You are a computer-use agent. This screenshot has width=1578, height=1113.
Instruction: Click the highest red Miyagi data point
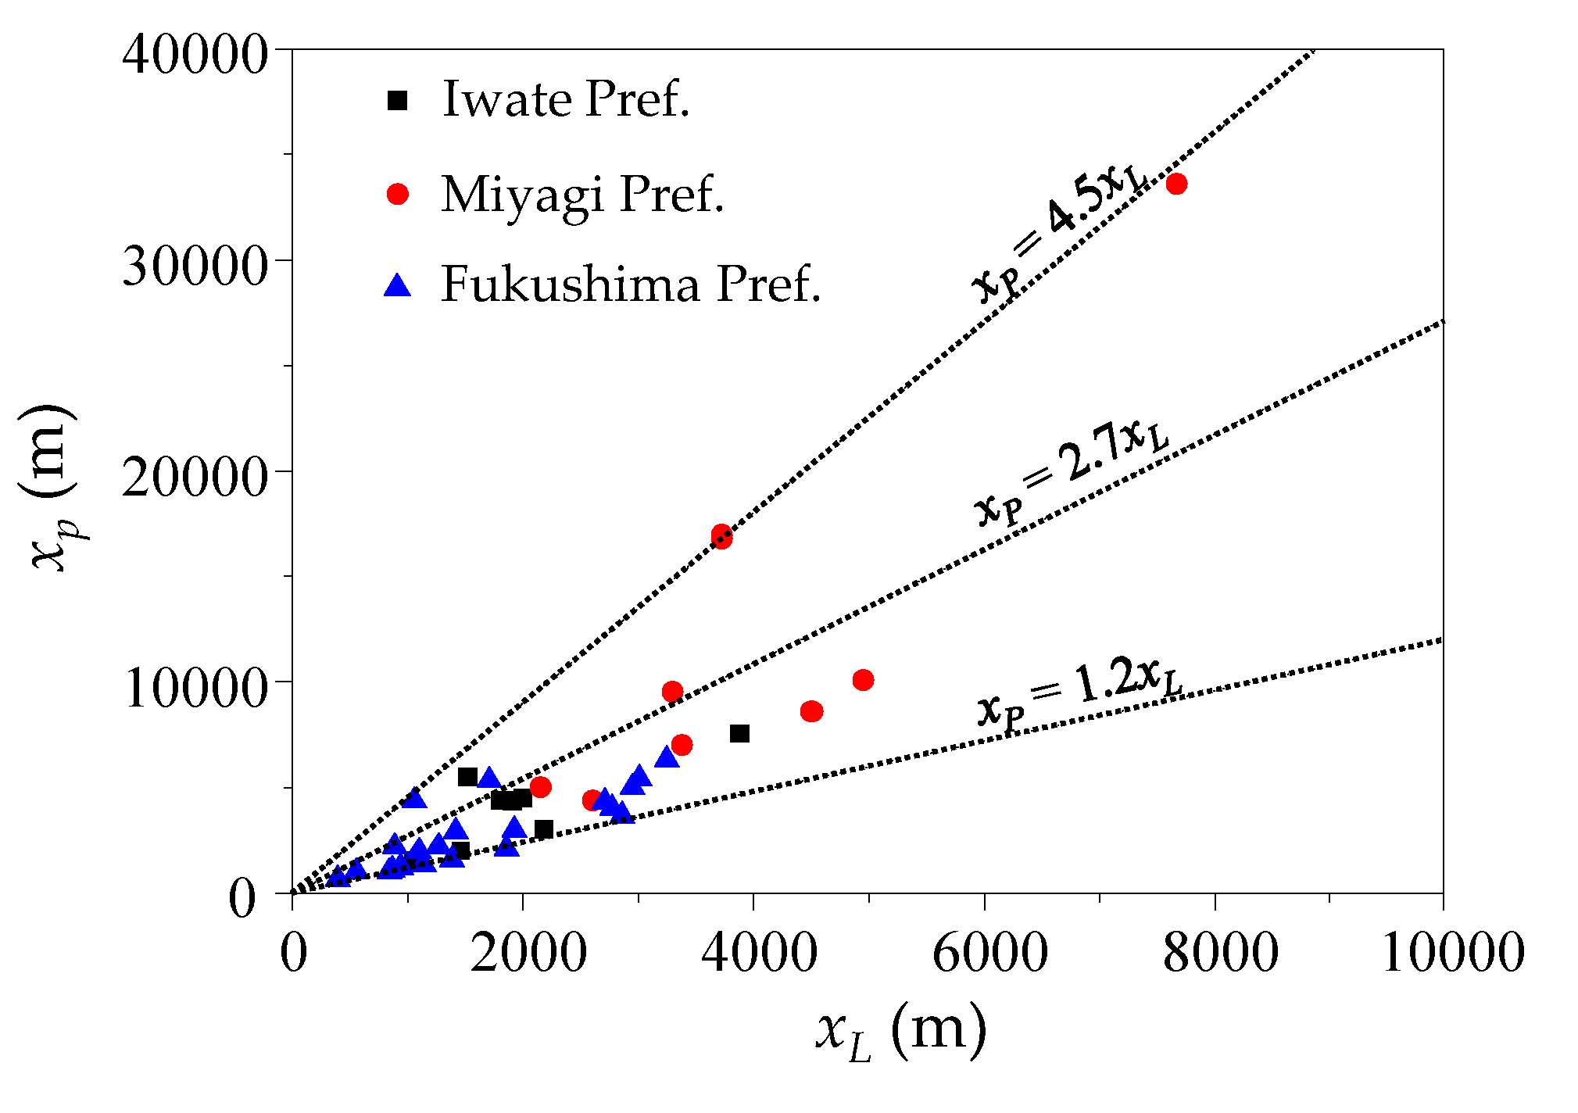(x=1175, y=184)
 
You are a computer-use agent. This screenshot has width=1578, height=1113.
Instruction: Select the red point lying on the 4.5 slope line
(x=721, y=536)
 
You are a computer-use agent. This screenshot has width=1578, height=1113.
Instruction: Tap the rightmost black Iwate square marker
(x=739, y=733)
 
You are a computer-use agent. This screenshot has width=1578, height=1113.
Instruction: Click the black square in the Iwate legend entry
(x=398, y=100)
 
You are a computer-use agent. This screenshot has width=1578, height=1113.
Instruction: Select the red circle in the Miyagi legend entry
(x=398, y=194)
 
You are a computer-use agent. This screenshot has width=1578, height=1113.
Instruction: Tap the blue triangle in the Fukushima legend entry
(x=398, y=286)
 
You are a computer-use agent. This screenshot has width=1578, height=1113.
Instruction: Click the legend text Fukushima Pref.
(x=631, y=285)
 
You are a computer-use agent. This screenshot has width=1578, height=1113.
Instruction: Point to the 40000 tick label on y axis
(x=195, y=55)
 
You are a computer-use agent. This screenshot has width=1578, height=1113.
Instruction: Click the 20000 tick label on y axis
(x=195, y=476)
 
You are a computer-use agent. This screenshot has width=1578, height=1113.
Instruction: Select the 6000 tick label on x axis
(x=989, y=953)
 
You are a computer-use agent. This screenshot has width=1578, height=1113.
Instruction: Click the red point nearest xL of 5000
(x=863, y=680)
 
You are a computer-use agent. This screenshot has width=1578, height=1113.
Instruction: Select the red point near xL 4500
(x=811, y=711)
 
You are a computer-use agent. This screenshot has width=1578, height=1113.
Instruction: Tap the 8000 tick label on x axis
(x=1220, y=953)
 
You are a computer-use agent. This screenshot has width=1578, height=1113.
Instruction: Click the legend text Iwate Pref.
(x=566, y=99)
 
